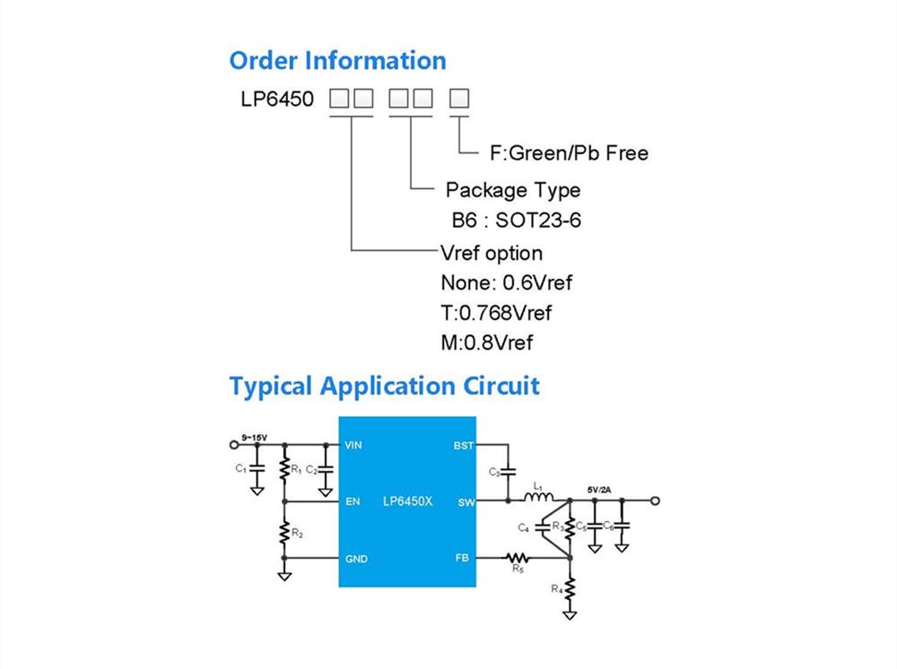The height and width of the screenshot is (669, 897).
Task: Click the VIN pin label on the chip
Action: [x=353, y=445]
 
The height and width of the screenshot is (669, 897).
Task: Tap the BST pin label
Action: [x=464, y=446]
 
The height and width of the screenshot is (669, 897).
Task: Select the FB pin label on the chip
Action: [x=462, y=558]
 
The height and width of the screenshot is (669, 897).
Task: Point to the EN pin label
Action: [x=353, y=501]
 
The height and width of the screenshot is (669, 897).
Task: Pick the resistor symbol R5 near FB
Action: [x=517, y=558]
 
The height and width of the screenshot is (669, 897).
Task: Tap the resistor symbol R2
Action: [x=284, y=532]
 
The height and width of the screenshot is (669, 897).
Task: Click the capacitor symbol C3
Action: [x=508, y=472]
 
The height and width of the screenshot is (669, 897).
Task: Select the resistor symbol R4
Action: [x=570, y=589]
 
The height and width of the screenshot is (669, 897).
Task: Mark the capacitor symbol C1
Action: [x=257, y=468]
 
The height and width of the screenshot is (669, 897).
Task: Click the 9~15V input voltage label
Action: [x=254, y=438]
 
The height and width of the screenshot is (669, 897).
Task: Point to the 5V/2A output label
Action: [x=599, y=490]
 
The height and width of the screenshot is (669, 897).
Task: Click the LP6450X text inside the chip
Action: [x=408, y=501]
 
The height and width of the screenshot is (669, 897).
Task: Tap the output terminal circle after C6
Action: [x=655, y=501]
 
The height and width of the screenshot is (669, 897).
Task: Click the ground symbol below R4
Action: [x=570, y=614]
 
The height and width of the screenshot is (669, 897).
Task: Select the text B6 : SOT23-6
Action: [x=516, y=220]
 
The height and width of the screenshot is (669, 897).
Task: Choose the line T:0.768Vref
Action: [x=496, y=313]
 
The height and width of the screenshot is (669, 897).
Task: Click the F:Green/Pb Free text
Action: [x=570, y=153]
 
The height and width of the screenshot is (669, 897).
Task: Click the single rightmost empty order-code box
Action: [x=458, y=99]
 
